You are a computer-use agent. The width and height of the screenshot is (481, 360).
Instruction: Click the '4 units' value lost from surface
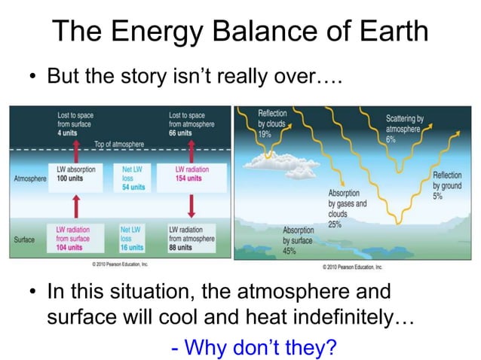pos(69,133)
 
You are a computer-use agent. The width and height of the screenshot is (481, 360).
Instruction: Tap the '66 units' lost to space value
pos(180,133)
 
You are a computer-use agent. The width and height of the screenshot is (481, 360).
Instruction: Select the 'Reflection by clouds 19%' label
pos(271,123)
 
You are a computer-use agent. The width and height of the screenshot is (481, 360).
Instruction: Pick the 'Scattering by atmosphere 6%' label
pos(404,129)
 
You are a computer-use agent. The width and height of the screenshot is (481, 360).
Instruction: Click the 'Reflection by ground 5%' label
pos(448,185)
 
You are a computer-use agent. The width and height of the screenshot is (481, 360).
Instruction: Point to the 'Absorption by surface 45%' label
pos(299,240)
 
